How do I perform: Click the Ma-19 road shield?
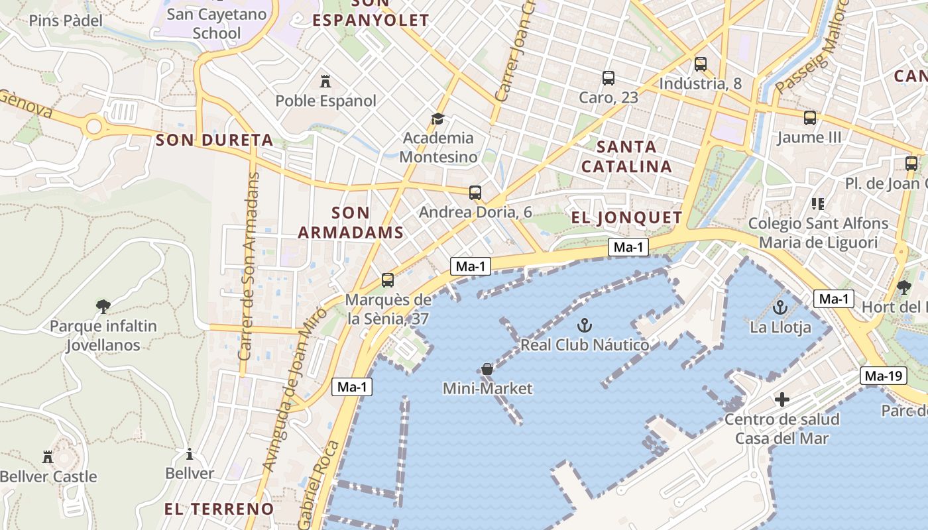coord(884,376)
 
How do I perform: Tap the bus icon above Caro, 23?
coord(609,78)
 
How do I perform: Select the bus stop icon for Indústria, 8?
coord(701,64)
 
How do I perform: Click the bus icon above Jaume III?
coord(810,118)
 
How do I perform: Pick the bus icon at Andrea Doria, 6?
coord(475,193)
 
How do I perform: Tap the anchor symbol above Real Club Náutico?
coord(584,325)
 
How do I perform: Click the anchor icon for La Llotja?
coord(780,307)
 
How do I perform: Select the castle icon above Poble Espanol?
coord(325,81)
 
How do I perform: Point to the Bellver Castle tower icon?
coord(48,456)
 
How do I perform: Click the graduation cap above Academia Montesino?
coord(437,119)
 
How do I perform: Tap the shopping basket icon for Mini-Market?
coord(487,369)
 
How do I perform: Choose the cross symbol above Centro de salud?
coord(782,399)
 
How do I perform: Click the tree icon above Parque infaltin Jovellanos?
coord(103,306)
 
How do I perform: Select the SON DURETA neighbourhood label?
coord(214,140)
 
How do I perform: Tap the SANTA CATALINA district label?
coord(626,156)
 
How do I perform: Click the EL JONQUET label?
coord(626,217)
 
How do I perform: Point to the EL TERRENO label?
coord(219,509)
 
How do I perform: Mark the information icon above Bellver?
coord(190,454)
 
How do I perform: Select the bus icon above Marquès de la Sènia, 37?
coord(388,280)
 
